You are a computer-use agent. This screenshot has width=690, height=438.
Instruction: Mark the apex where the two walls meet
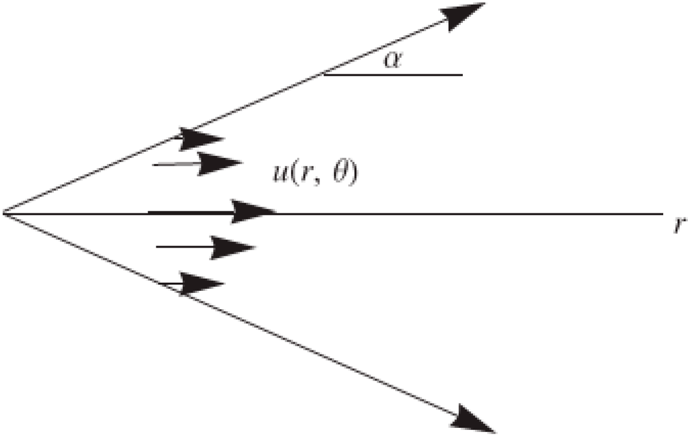tap(4, 213)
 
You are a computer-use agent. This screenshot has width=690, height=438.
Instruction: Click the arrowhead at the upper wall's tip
tap(465, 14)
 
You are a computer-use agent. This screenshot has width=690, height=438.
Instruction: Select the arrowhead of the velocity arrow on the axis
tap(253, 212)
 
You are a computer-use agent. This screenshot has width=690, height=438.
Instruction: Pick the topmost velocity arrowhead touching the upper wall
tap(201, 139)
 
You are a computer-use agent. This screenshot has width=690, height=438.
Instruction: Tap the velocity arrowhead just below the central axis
tap(232, 248)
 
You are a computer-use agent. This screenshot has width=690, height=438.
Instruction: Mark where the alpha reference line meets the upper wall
tap(325, 74)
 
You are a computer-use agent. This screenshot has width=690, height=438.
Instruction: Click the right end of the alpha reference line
tap(462, 74)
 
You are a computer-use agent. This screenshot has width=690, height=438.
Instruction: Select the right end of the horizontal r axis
tap(663, 214)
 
